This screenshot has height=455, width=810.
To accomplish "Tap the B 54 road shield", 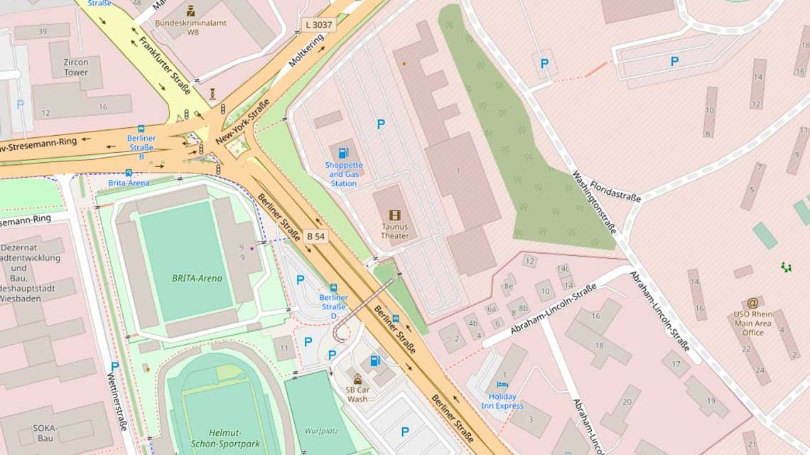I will pos(316,236).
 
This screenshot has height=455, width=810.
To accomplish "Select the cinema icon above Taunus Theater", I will pos(394,215).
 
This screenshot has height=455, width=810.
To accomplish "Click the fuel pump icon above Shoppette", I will pos(344,153).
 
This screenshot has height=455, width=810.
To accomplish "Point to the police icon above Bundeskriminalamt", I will pos(190,11).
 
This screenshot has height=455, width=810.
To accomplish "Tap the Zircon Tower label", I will pos(76,68).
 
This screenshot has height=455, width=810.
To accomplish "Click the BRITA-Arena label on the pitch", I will pos(197,278).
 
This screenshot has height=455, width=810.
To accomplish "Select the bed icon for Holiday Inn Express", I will pos(503,386).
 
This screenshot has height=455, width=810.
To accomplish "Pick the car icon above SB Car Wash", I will pos(357,379).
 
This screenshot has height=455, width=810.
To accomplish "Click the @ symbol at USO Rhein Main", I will pos(752,303).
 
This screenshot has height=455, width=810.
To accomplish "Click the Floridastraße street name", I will pos(615,191).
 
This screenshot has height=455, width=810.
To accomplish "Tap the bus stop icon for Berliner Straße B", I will pos(141,129).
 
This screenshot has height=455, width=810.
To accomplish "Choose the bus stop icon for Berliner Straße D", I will pos(333,288).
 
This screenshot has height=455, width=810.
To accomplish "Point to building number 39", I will pos(43,31).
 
